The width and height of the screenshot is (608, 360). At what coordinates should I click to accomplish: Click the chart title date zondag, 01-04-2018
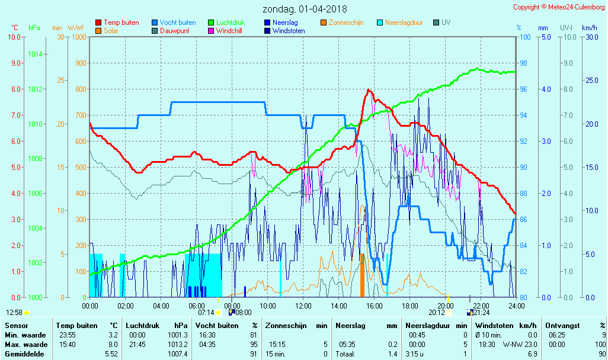pyautogui.click(x=305, y=9)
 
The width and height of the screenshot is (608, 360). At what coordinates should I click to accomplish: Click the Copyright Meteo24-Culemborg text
pyautogui.click(x=559, y=7)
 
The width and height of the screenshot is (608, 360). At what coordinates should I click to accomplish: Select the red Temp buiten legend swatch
pyautogui.click(x=98, y=22)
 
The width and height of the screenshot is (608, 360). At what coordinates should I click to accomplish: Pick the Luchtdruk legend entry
pyautogui.click(x=231, y=22)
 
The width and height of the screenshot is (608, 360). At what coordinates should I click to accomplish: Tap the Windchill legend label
pyautogui.click(x=228, y=31)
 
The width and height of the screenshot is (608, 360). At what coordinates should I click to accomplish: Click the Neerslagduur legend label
pyautogui.click(x=404, y=22)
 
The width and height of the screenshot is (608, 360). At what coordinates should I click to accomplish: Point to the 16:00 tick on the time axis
pyautogui.click(x=374, y=306)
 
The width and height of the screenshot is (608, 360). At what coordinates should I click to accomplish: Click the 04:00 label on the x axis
pyautogui.click(x=161, y=306)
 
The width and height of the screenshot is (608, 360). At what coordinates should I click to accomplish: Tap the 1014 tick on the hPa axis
pyautogui.click(x=35, y=54)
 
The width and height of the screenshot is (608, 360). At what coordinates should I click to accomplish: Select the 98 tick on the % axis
pyautogui.click(x=523, y=63)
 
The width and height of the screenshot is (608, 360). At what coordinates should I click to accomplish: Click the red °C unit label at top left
pyautogui.click(x=15, y=28)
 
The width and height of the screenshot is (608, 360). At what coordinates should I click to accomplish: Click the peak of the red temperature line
pyautogui.click(x=369, y=89)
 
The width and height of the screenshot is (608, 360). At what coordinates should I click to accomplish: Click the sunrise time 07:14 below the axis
pyautogui.click(x=206, y=312)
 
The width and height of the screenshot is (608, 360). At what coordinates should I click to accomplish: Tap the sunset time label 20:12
pyautogui.click(x=437, y=312)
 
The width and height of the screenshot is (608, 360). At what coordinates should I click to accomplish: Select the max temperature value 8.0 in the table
pyautogui.click(x=111, y=344)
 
